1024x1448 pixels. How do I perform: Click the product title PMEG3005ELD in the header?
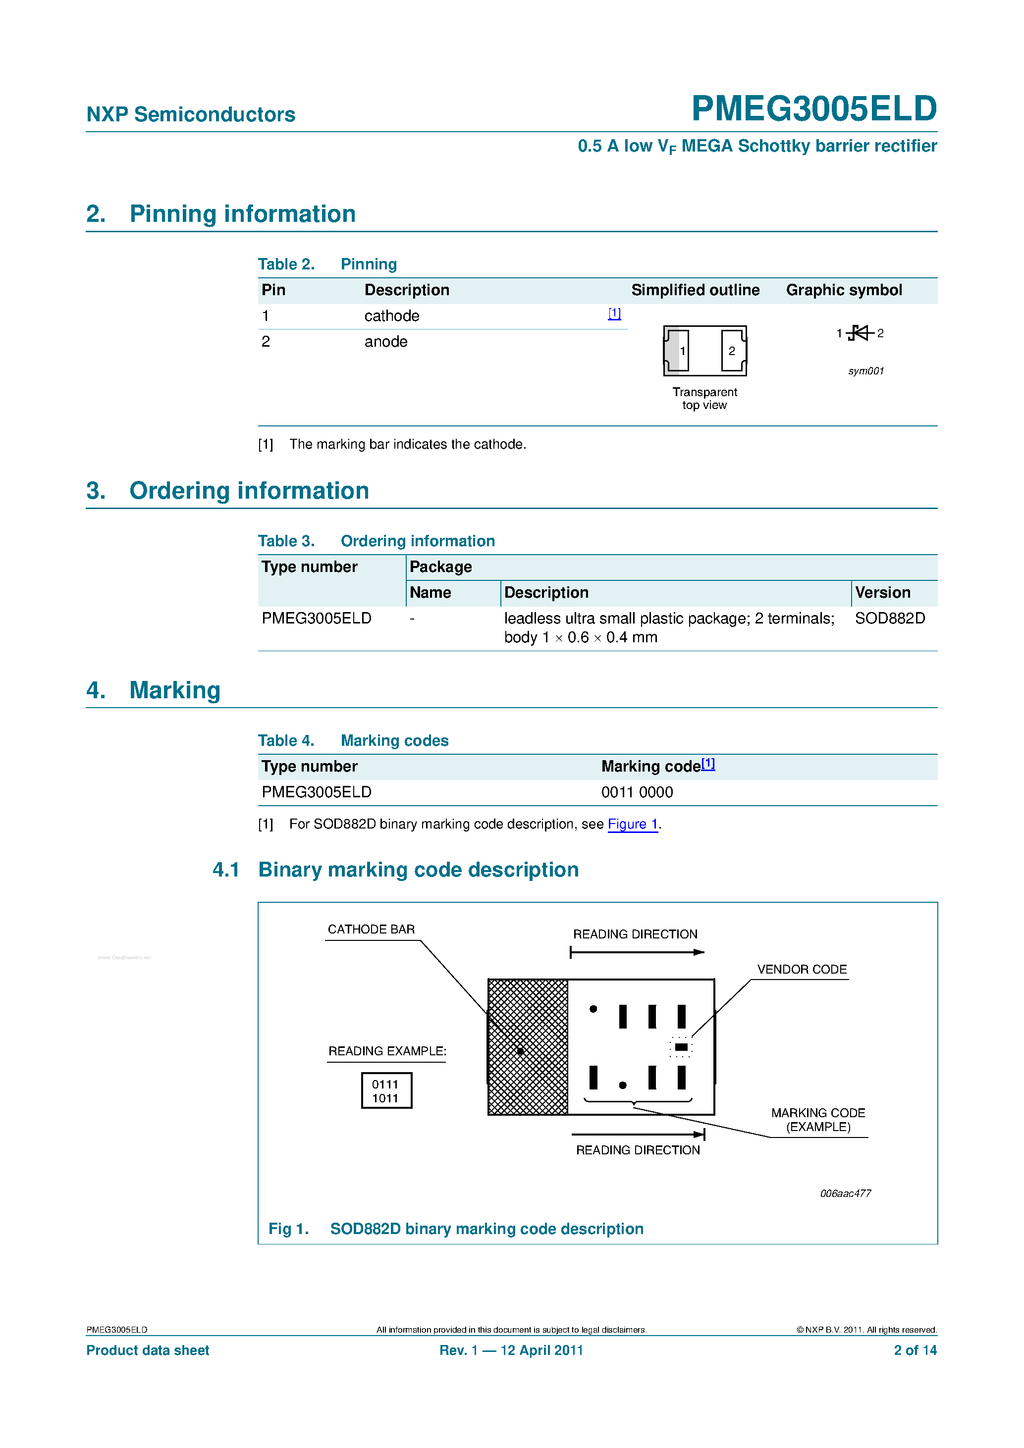point(813,108)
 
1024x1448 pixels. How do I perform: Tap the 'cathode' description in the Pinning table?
point(391,316)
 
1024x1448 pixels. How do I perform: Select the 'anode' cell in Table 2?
point(385,342)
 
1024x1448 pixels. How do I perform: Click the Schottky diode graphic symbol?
point(860,333)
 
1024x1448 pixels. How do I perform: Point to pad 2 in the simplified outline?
point(733,351)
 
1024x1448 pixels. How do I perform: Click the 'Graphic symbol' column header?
point(844,290)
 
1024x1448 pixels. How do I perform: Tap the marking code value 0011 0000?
point(637,792)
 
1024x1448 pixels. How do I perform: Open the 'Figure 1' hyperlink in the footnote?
point(632,824)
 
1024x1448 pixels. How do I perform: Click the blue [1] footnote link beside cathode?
point(614,313)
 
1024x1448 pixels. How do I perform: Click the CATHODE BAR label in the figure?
point(371,930)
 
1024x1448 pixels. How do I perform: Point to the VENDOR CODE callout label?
point(801,969)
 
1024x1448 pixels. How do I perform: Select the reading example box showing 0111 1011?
point(386,1091)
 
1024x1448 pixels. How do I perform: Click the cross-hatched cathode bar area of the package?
point(528,1047)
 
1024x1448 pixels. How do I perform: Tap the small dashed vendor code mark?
point(681,1047)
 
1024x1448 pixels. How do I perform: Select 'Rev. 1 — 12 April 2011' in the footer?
point(511,1350)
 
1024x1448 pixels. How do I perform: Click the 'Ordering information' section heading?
point(249,491)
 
